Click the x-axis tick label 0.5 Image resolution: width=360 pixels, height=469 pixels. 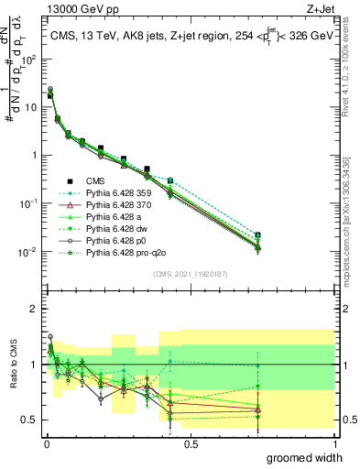click(191, 443)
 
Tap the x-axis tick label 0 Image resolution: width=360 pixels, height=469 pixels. click(46, 443)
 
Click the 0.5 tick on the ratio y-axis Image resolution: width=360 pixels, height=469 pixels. click(32, 420)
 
